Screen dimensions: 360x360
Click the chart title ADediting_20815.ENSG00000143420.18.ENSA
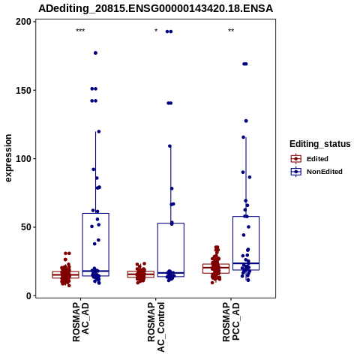pos(155,8)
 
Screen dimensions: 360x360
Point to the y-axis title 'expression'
pos(8,158)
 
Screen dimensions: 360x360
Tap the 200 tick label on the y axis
pos(24,22)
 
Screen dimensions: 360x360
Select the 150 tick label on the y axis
pos(24,90)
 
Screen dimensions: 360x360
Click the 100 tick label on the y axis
pos(24,159)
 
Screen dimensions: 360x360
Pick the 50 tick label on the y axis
pos(26,227)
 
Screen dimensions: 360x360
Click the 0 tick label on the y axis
pos(29,295)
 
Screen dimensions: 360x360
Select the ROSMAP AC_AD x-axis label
pos(80,322)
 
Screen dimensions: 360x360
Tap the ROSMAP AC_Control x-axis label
pos(156,327)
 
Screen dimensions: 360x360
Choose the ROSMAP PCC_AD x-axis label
pos(231,322)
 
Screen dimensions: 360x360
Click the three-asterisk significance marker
pos(80,31)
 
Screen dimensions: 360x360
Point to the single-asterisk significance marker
pos(156,31)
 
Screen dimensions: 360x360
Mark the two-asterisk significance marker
pos(231,31)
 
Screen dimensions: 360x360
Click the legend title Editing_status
pos(320,144)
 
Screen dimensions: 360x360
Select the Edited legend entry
pos(310,159)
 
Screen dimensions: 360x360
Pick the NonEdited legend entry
pos(316,172)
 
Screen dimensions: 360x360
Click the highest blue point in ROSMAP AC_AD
pos(95,53)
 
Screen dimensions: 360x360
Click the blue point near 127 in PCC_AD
pos(246,121)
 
